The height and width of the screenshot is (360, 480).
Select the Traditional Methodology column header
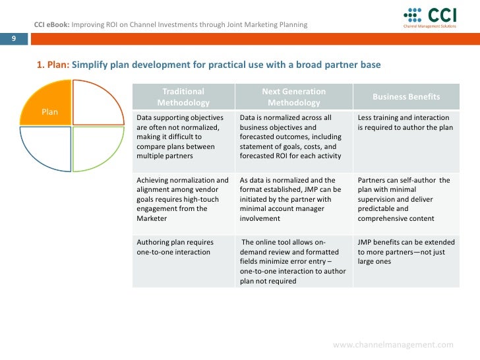pyautogui.click(x=183, y=97)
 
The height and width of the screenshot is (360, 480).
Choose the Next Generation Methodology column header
pyautogui.click(x=293, y=97)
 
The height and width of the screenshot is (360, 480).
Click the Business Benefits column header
pyautogui.click(x=406, y=97)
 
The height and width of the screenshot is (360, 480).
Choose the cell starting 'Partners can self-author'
pyautogui.click(x=405, y=199)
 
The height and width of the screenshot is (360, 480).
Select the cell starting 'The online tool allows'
pyautogui.click(x=293, y=261)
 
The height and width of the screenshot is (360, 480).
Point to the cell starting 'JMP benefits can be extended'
pyautogui.click(x=405, y=252)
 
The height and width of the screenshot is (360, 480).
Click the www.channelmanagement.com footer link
pyautogui.click(x=393, y=345)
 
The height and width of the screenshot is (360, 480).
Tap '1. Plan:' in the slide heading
pyautogui.click(x=53, y=66)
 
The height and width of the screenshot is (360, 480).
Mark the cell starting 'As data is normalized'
pyautogui.click(x=293, y=199)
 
